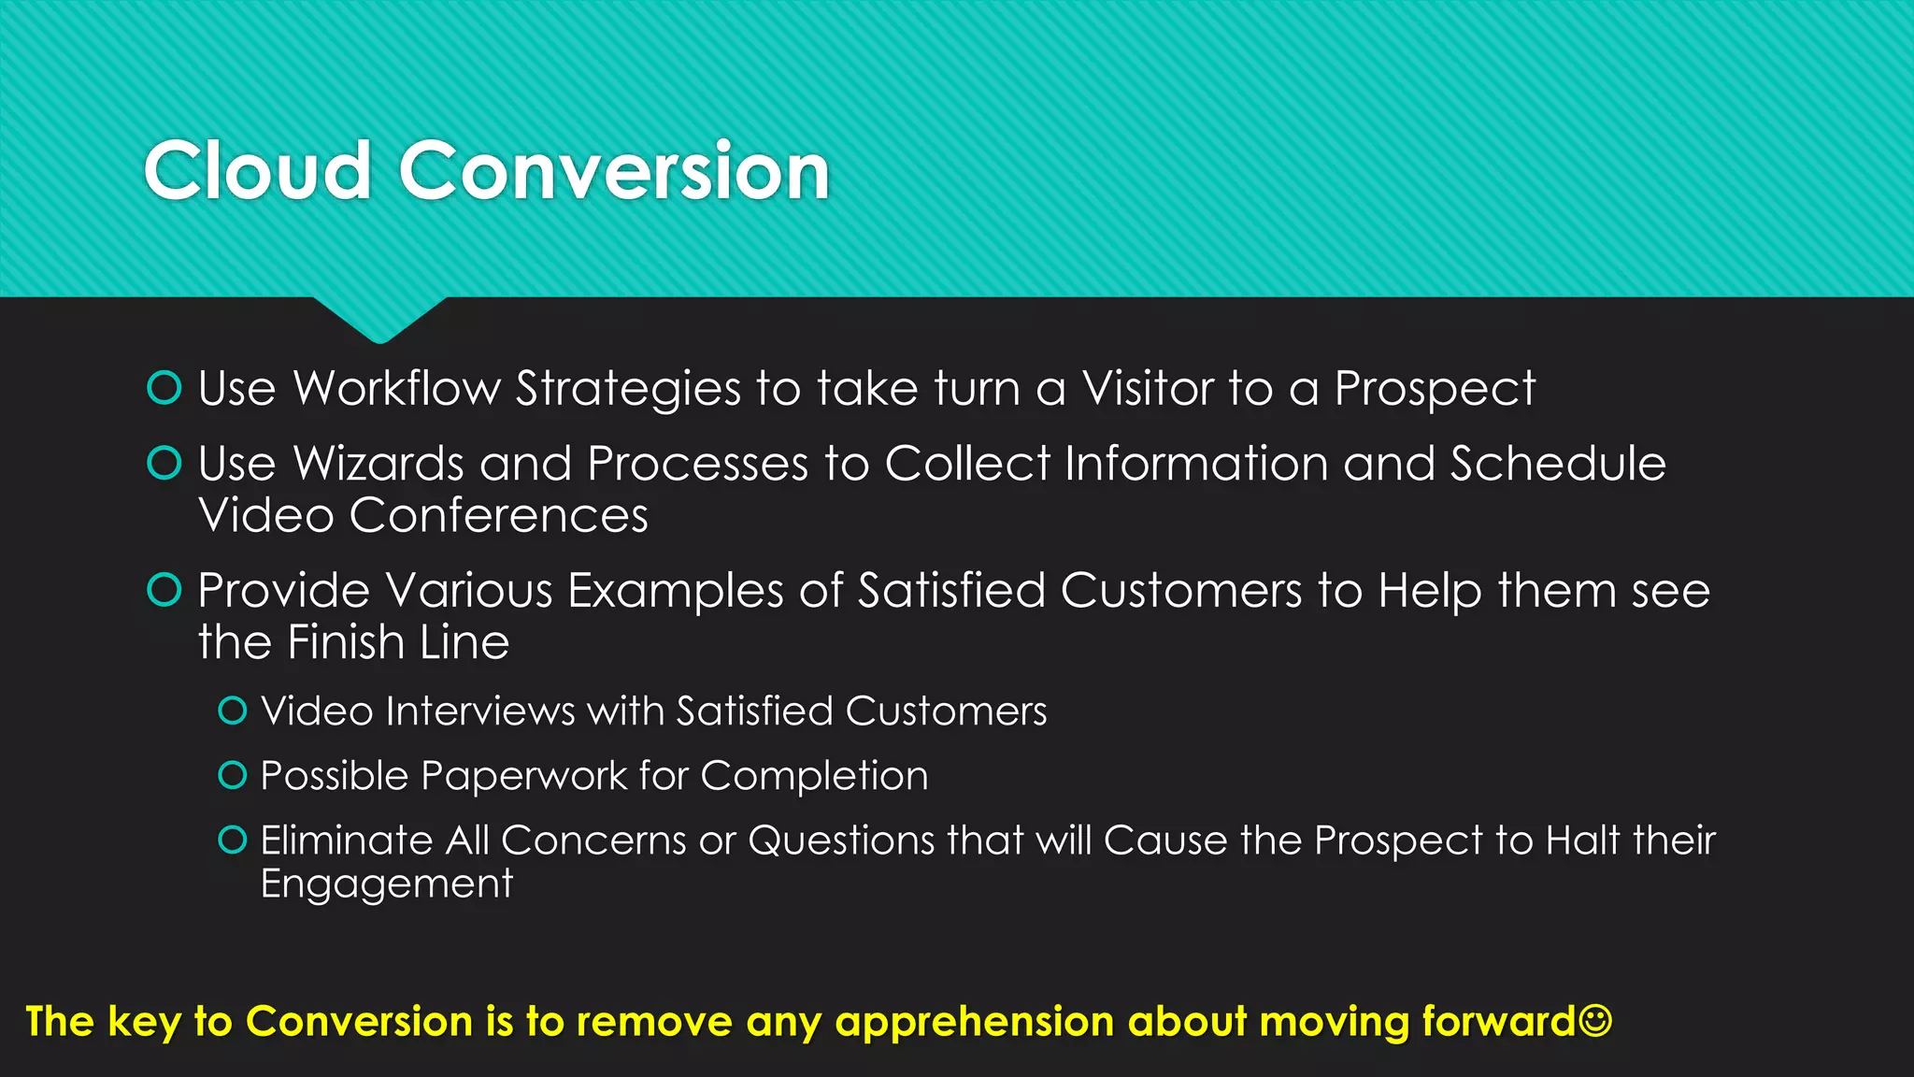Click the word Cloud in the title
[x=257, y=171]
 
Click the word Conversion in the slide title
[x=614, y=171]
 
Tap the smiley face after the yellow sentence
[x=1595, y=1020]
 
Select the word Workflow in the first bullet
[x=396, y=389]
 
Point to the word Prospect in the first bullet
[x=1434, y=389]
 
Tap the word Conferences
[x=498, y=516]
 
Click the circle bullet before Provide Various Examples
[x=164, y=590]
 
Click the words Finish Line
[x=398, y=643]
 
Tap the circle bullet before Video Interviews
[x=232, y=711]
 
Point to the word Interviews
[x=479, y=711]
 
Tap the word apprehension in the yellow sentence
[x=974, y=1022]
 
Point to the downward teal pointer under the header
[x=379, y=320]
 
